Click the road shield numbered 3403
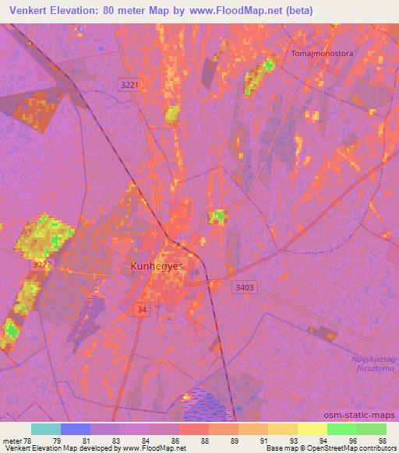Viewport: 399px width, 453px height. point(244,287)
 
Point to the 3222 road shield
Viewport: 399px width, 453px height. point(42,265)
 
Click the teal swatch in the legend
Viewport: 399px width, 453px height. point(45,429)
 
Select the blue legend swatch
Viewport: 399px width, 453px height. point(76,429)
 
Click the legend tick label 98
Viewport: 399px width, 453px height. point(382,441)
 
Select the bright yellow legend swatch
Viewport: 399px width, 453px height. point(312,429)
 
